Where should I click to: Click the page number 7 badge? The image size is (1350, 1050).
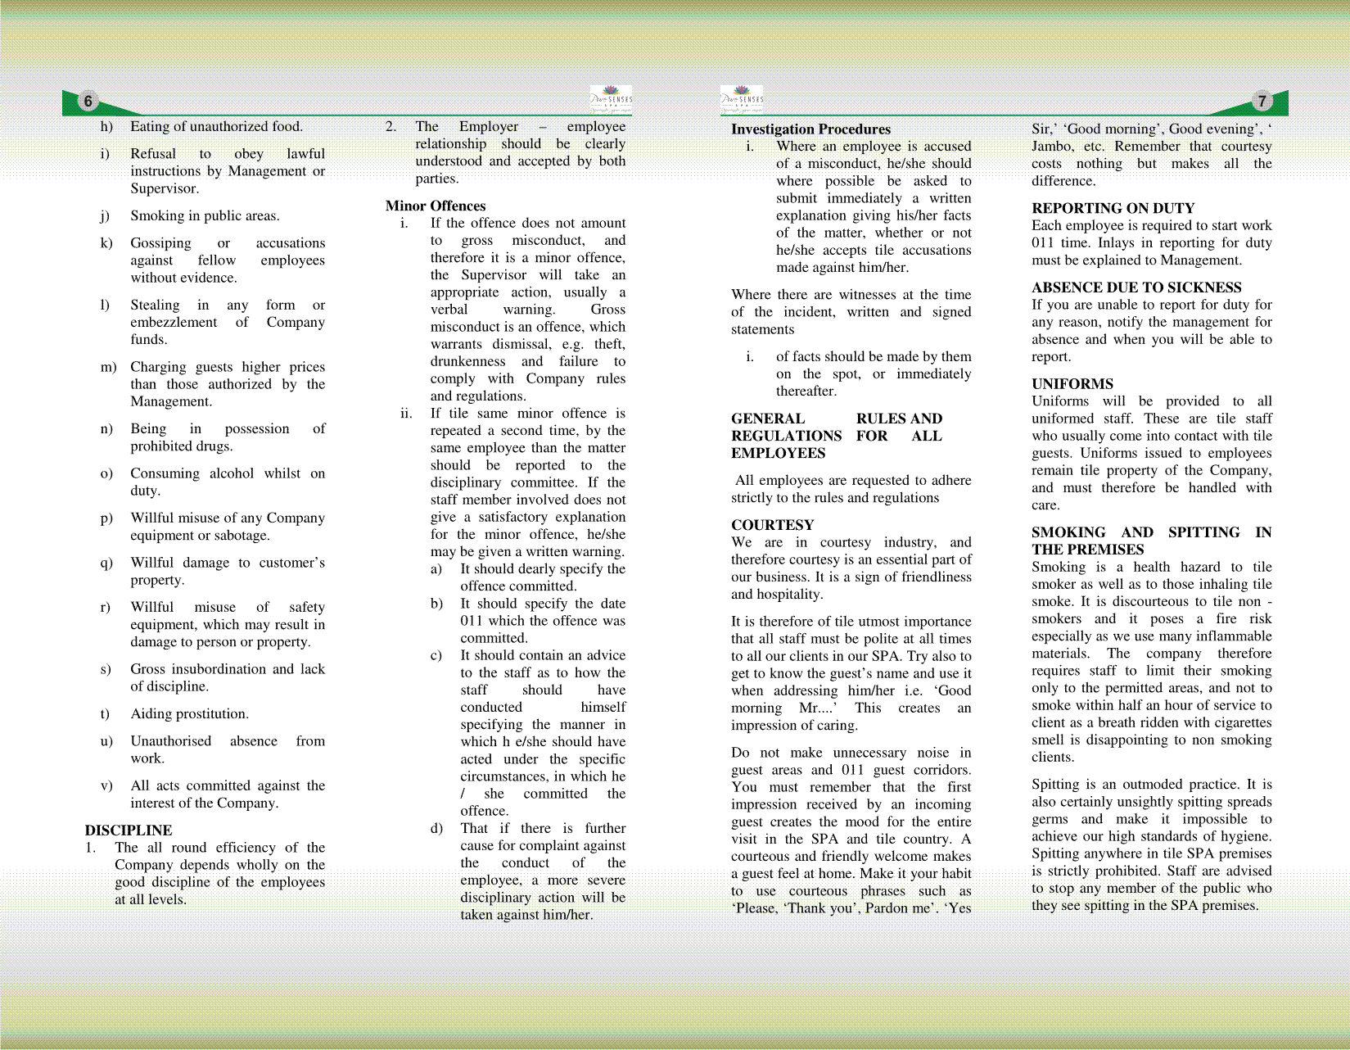(x=1262, y=102)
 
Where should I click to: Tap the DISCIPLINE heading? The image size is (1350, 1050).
(x=129, y=830)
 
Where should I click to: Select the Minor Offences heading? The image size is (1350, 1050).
(x=436, y=206)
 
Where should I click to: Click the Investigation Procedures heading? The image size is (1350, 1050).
(x=810, y=129)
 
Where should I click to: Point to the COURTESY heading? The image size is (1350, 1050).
(x=772, y=525)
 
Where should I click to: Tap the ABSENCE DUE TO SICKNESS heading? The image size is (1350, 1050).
(x=1136, y=287)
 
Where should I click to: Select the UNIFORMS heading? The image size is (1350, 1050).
(x=1072, y=383)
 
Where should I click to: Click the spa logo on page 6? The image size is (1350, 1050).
(x=611, y=99)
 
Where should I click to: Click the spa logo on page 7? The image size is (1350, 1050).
(x=742, y=99)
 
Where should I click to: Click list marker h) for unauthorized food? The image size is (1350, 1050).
(x=106, y=126)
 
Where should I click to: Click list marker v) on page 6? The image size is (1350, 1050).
(x=106, y=785)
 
